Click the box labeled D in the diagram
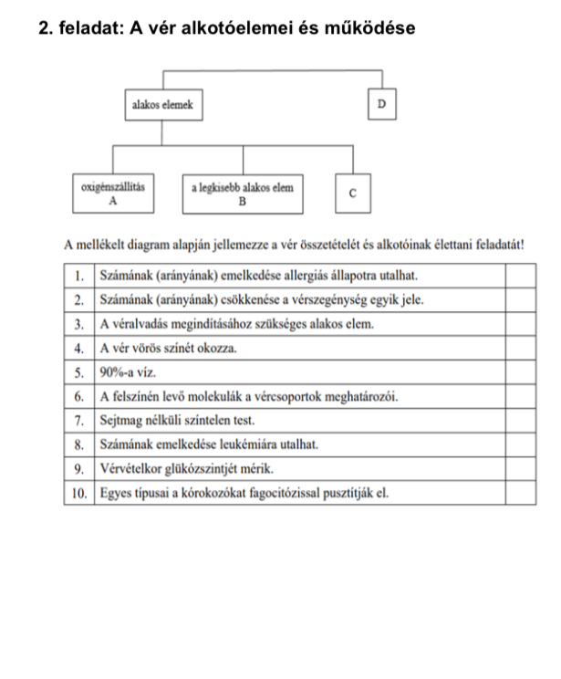pos(381,105)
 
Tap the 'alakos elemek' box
pos(162,105)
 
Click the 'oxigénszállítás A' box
pos(112,193)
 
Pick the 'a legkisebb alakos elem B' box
pos(243,193)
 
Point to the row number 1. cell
pos(81,275)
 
